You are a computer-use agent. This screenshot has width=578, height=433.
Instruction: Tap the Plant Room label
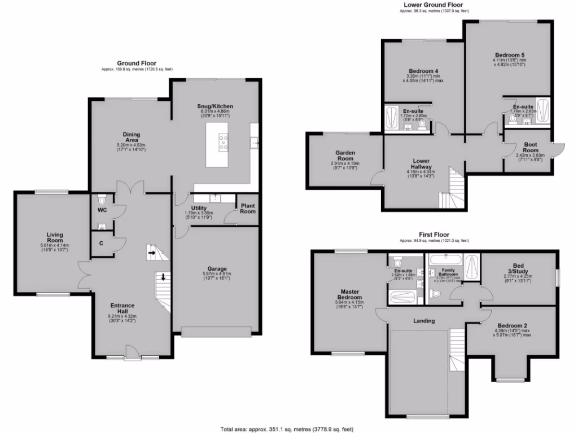pos(247,208)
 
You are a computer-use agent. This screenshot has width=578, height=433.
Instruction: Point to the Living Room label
pos(54,237)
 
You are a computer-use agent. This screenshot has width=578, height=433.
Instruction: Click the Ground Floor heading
pos(137,63)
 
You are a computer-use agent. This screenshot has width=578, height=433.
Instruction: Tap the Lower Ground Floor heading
pos(434,5)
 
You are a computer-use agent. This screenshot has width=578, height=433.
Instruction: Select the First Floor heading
pos(433,234)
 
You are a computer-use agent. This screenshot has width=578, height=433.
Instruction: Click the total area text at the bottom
pos(288,429)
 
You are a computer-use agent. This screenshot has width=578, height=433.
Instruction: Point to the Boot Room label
pos(529,147)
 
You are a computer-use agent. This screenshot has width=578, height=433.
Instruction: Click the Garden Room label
pos(344,156)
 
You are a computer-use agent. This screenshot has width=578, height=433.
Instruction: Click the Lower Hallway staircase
pos(453,189)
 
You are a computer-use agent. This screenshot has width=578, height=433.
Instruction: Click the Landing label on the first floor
pos(424,321)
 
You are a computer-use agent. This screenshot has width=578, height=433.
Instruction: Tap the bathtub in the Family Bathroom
pos(445,260)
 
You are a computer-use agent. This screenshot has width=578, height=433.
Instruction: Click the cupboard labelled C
pos(100,243)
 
